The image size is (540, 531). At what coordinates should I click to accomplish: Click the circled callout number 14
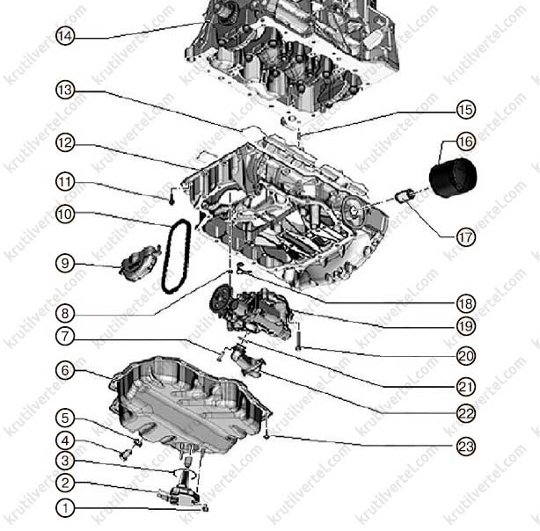[65, 36]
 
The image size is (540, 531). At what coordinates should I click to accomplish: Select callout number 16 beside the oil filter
[466, 142]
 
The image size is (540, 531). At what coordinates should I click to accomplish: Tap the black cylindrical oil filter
[453, 178]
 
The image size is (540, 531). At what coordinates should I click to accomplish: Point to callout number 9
[65, 264]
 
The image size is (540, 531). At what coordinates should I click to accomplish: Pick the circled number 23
[466, 447]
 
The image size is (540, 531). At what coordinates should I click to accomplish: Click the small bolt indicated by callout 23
[267, 437]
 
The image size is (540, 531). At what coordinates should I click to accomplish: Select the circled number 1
[65, 508]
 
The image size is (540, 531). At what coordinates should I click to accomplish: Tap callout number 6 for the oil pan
[65, 370]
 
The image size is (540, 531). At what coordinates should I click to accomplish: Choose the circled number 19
[466, 326]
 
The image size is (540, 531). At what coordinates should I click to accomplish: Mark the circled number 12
[65, 143]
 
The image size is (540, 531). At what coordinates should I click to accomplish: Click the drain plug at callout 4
[125, 455]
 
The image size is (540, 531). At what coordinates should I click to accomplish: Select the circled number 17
[466, 237]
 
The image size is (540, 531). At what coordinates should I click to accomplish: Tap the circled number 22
[466, 413]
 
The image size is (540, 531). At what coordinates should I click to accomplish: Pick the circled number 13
[65, 91]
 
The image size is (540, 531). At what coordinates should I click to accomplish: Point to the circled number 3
[65, 461]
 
